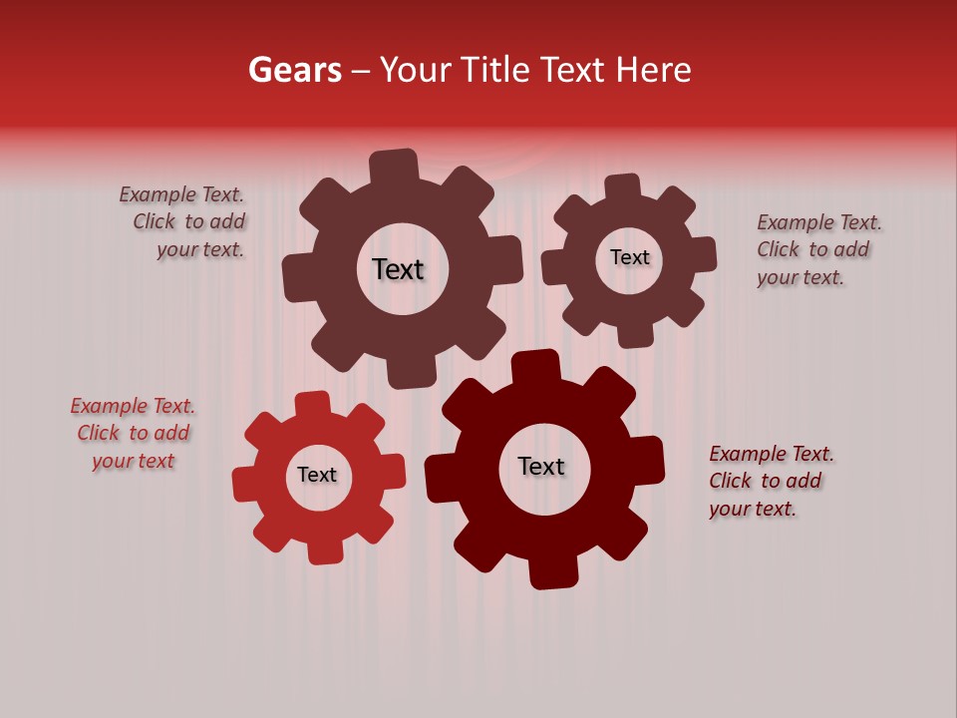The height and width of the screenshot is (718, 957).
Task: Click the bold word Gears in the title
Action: [294, 71]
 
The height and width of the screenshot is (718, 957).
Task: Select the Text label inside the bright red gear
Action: [317, 475]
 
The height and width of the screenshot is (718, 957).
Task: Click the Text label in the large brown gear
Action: [398, 269]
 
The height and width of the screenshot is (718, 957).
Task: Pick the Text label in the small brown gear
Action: [629, 257]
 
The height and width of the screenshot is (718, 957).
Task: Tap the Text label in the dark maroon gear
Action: [541, 466]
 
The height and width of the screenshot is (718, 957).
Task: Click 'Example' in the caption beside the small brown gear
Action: [795, 222]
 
